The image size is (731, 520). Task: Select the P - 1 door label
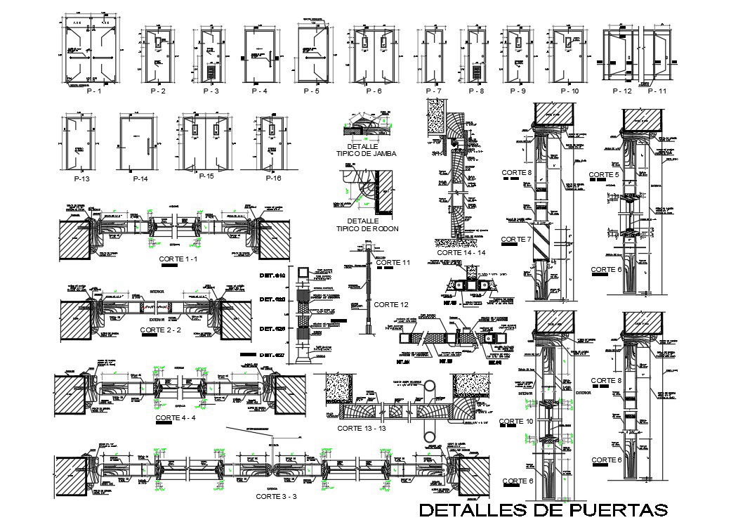click(x=93, y=91)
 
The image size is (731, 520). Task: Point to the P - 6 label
click(x=374, y=91)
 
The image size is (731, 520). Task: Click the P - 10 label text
click(x=569, y=91)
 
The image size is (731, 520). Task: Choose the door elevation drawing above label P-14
click(x=137, y=143)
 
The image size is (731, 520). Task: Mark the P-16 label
click(x=273, y=178)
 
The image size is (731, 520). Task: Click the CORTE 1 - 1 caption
click(x=179, y=259)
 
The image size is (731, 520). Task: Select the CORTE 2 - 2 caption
click(x=161, y=329)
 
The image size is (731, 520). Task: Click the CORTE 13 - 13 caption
click(x=362, y=428)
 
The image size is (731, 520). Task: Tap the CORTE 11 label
click(x=393, y=262)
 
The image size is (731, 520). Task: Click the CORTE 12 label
click(x=390, y=304)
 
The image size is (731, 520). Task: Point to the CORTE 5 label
click(x=604, y=174)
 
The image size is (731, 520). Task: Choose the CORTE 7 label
click(x=517, y=240)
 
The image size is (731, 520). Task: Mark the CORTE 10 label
click(x=517, y=421)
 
